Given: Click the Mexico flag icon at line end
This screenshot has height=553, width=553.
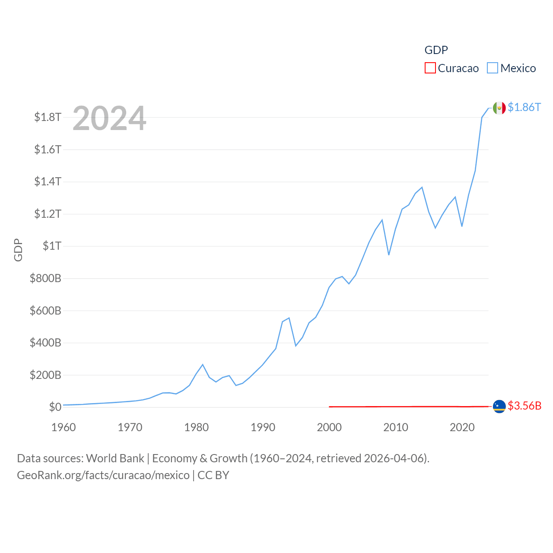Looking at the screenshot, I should click(x=499, y=108).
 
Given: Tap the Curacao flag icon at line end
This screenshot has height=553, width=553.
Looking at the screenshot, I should click(x=499, y=406).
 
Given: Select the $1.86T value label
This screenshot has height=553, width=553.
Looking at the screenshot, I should click(x=524, y=107).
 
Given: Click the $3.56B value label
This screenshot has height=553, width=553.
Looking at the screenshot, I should click(x=524, y=406).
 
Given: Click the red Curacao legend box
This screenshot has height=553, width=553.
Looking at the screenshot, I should click(x=430, y=68).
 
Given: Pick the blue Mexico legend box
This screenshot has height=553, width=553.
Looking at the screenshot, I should click(x=493, y=68).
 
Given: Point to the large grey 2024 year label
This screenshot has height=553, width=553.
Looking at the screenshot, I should click(x=109, y=118).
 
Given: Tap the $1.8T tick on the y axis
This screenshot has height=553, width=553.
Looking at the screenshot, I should click(x=48, y=117).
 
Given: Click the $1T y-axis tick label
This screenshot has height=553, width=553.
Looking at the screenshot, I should click(x=52, y=246).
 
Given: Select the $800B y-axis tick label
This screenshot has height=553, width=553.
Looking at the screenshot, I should click(x=45, y=278).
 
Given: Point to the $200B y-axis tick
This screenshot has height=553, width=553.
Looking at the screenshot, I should click(x=45, y=375).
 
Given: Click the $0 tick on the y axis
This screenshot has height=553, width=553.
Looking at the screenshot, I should click(x=55, y=407).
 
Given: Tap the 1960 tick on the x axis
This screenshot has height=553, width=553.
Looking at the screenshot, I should click(x=64, y=427).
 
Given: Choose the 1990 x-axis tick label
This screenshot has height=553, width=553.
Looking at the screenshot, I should click(x=263, y=427).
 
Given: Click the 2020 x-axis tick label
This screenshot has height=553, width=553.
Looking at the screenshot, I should click(x=462, y=427).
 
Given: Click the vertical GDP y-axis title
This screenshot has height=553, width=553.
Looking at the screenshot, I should click(x=18, y=250).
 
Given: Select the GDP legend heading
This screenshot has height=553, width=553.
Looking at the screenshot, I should click(x=436, y=50).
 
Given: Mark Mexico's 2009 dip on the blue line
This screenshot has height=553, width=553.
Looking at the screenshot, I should click(x=389, y=254).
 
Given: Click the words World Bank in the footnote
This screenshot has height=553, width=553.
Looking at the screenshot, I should click(x=115, y=458).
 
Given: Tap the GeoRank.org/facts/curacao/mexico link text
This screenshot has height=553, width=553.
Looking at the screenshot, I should click(x=103, y=475).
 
